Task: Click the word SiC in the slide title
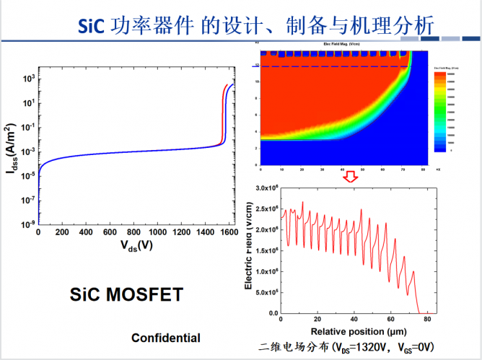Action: tap(91, 27)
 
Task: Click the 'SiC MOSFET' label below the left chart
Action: tap(126, 294)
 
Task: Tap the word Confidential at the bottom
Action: tap(165, 338)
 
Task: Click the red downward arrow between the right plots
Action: tap(350, 176)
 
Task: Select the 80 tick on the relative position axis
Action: tap(427, 319)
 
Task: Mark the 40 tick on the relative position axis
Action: tap(353, 319)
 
